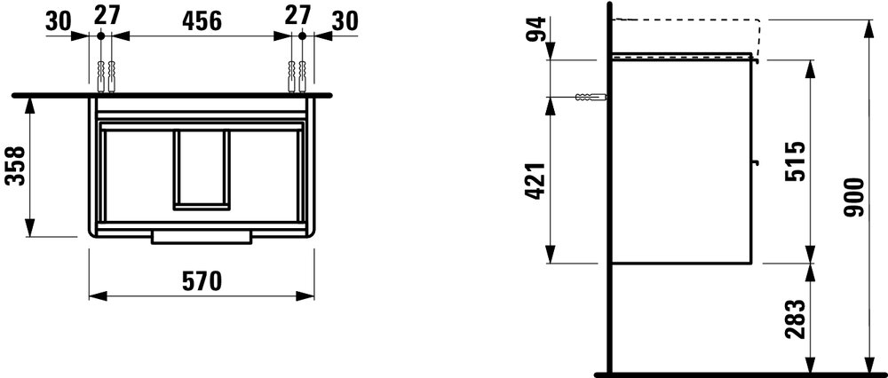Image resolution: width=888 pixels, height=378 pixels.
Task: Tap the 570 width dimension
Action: pos(202,281)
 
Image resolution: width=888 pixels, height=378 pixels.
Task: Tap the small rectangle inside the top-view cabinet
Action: pos(202,169)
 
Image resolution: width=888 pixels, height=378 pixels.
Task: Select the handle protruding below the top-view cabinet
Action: pos(203,237)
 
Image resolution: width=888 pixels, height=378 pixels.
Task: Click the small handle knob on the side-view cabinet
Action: pos(756,162)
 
